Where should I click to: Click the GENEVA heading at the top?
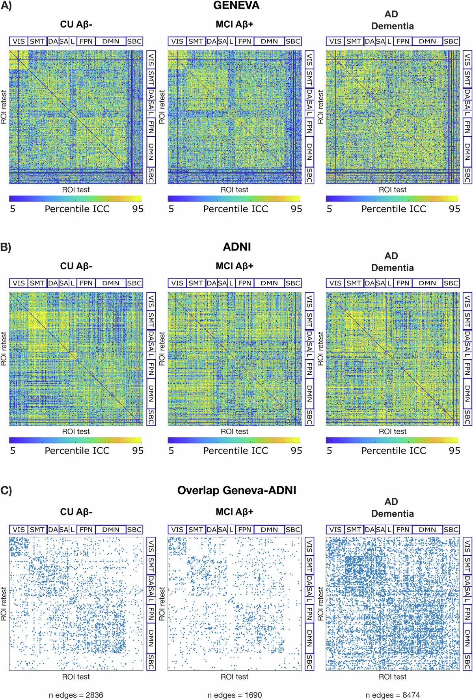(236, 6)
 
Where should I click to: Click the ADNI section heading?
(236, 247)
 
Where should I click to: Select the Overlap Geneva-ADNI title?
(236, 490)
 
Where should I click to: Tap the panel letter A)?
(6, 6)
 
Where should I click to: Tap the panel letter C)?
(6, 490)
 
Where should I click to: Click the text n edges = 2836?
(76, 695)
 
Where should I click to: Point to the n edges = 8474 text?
(393, 695)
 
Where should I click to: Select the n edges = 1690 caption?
(235, 695)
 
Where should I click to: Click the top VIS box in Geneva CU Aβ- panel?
(19, 41)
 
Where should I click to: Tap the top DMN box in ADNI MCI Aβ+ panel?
(269, 283)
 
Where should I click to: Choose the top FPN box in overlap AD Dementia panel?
(403, 530)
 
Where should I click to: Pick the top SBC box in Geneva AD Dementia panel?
(451, 41)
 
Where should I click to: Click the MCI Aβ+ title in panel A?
(235, 24)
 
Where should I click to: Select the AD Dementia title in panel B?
(392, 262)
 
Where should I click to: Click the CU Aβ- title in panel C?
(76, 512)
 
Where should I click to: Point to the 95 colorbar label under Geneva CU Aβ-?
(138, 209)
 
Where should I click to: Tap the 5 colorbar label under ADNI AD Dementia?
(330, 451)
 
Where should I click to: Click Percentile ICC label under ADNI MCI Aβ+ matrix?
(235, 451)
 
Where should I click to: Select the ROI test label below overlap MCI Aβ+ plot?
(235, 677)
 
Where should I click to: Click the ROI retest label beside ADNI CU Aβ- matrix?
(4, 349)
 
